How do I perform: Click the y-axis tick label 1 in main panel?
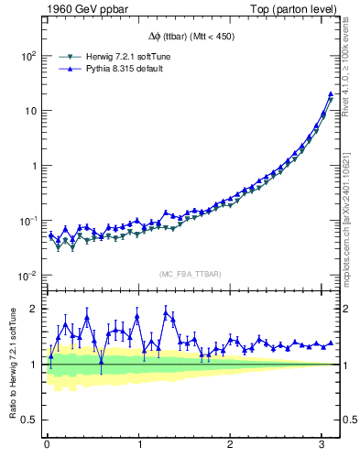pos(32,166)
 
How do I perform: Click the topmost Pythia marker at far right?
pos(330,94)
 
